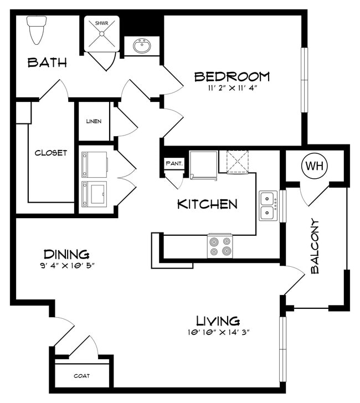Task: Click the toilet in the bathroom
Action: click(37, 30)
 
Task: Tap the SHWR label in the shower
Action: click(101, 23)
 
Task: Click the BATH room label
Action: click(47, 63)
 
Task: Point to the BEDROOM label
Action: click(232, 76)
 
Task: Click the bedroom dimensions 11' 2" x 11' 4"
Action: click(233, 88)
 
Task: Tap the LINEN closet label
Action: click(94, 121)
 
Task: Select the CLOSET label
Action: click(50, 153)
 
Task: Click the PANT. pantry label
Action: click(174, 163)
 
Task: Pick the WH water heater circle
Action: click(315, 166)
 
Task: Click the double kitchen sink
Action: click(268, 205)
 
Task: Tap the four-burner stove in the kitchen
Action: click(220, 246)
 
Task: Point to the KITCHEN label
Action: click(207, 204)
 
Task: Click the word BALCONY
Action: click(315, 246)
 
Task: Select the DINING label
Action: click(66, 254)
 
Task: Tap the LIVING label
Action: click(218, 321)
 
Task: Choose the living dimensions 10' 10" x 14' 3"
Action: click(219, 332)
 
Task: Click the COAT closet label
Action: click(82, 376)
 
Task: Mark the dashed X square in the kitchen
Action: click(238, 162)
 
